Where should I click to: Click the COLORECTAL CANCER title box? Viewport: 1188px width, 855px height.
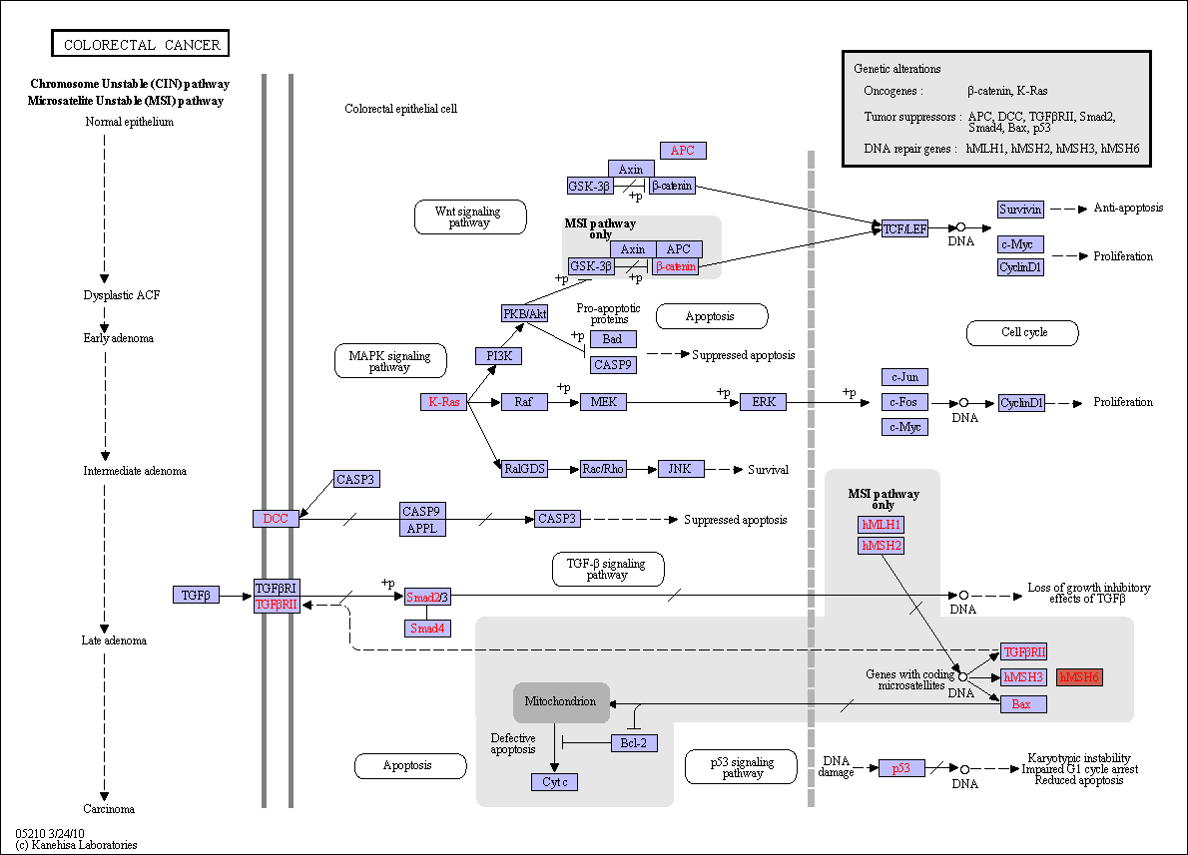[x=140, y=43]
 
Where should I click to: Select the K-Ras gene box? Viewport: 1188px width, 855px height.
[x=444, y=402]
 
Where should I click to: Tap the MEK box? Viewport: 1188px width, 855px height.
[x=604, y=402]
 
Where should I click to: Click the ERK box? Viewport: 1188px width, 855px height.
[x=763, y=402]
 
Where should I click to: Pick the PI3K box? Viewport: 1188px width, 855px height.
[x=499, y=356]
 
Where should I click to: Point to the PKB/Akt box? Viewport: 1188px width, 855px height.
[x=525, y=313]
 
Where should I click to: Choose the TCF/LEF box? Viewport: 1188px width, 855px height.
[x=904, y=228]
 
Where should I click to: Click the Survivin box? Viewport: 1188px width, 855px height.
[x=1020, y=210]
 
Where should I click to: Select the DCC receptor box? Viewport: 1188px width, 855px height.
[x=276, y=519]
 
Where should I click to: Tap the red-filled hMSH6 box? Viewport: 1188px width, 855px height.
[x=1079, y=677]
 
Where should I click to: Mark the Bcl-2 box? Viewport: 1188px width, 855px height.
[x=634, y=743]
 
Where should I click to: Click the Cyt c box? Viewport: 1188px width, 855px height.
[x=555, y=781]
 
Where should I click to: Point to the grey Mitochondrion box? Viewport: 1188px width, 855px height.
[x=561, y=702]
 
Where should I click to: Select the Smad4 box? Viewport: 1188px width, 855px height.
[x=427, y=628]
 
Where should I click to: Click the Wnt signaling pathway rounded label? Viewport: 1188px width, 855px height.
[x=470, y=217]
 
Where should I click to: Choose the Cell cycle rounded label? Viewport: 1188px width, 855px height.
[x=1023, y=332]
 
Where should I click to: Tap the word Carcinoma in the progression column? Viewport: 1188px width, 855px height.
[x=109, y=809]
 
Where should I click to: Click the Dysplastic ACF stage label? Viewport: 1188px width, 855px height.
[x=122, y=295]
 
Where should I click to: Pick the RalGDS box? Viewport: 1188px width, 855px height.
[x=525, y=469]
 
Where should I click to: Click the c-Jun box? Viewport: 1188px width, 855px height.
[x=904, y=377]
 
